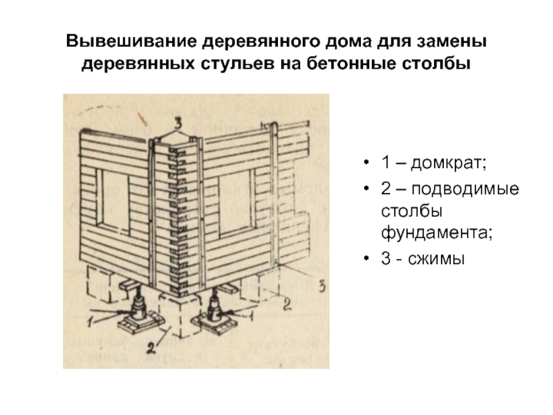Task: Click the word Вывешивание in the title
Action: [x=131, y=41]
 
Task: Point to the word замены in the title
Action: [x=452, y=41]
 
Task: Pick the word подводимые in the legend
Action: [x=465, y=190]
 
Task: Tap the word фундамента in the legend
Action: [x=434, y=233]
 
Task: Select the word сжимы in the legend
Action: [x=436, y=259]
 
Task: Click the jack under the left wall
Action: [x=139, y=306]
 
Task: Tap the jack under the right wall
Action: [x=214, y=306]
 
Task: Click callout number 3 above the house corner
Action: [x=178, y=124]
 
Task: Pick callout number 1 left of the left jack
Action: [x=91, y=322]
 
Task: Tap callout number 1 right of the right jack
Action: [x=251, y=315]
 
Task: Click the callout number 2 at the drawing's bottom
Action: [x=151, y=348]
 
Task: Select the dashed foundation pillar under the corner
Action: [x=178, y=315]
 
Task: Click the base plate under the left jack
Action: [x=140, y=322]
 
